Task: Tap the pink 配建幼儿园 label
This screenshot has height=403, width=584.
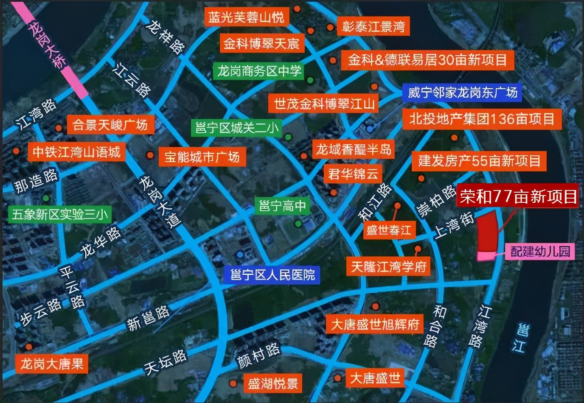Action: (x=540, y=251)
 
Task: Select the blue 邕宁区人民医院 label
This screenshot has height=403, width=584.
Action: (x=272, y=275)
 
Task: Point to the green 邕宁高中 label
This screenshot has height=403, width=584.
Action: (x=282, y=206)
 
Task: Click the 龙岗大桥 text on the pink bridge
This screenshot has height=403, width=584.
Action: (x=48, y=45)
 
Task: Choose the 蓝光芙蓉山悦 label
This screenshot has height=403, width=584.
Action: (x=246, y=17)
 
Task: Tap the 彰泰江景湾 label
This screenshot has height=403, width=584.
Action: (x=373, y=27)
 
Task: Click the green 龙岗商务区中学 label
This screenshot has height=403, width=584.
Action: (x=259, y=71)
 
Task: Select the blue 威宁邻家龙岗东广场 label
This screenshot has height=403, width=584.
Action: (x=462, y=92)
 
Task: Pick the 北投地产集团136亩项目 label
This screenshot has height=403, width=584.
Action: (x=482, y=119)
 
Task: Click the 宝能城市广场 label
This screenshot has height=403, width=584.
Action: (x=202, y=157)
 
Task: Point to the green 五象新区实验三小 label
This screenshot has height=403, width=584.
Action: (x=60, y=214)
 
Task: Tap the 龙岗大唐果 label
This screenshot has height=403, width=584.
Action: (x=52, y=364)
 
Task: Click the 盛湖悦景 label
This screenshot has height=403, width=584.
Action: (x=272, y=384)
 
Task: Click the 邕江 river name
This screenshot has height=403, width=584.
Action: (x=520, y=337)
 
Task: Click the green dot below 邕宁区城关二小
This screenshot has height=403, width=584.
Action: (x=288, y=137)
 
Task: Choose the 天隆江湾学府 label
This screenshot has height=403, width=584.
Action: (x=388, y=267)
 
